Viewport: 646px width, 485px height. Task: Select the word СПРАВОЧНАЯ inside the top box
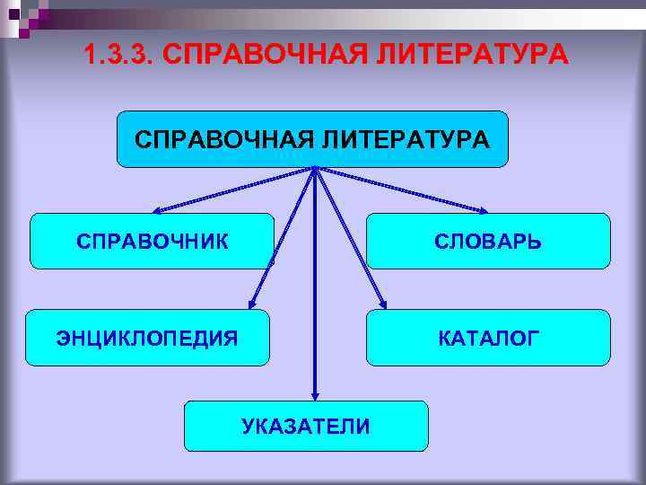222,139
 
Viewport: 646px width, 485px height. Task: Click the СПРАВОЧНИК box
152,241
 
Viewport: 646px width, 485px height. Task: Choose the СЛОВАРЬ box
488,241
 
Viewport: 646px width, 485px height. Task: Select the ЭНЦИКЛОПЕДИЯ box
147,338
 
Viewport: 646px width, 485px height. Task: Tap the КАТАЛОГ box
488,338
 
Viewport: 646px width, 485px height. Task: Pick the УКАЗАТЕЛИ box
306,426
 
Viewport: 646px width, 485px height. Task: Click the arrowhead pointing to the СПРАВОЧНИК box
155,212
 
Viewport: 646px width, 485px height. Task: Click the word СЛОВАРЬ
488,242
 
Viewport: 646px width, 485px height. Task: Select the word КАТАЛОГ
488,339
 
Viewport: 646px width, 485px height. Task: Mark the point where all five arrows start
315,168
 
